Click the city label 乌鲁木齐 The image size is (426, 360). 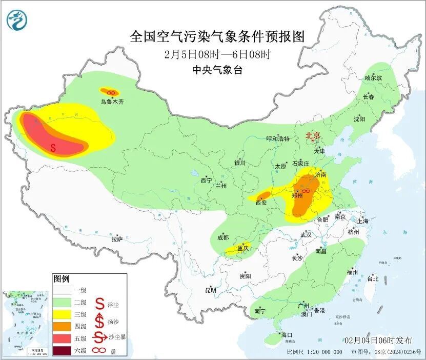point(112,102)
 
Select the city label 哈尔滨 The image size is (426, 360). point(373,78)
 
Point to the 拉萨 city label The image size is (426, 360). point(117,239)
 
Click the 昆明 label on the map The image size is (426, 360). point(211,290)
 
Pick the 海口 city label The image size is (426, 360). point(287,335)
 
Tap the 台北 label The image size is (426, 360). point(372,279)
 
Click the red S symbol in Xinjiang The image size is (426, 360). point(53,148)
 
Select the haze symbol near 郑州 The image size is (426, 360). point(306,191)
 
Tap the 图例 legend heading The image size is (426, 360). point(61,279)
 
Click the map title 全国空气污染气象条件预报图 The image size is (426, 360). point(217,37)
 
